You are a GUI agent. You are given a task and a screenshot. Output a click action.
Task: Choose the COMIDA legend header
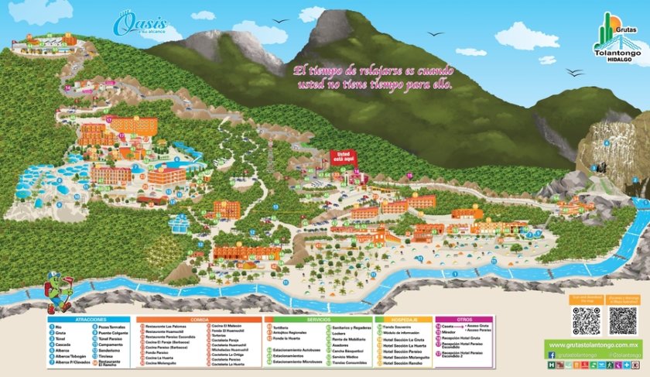pyautogui.click(x=199, y=319)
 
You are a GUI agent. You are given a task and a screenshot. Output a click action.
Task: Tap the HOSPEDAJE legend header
pyautogui.click(x=404, y=319)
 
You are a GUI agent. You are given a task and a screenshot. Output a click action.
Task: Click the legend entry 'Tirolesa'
pyautogui.click(x=108, y=356)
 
